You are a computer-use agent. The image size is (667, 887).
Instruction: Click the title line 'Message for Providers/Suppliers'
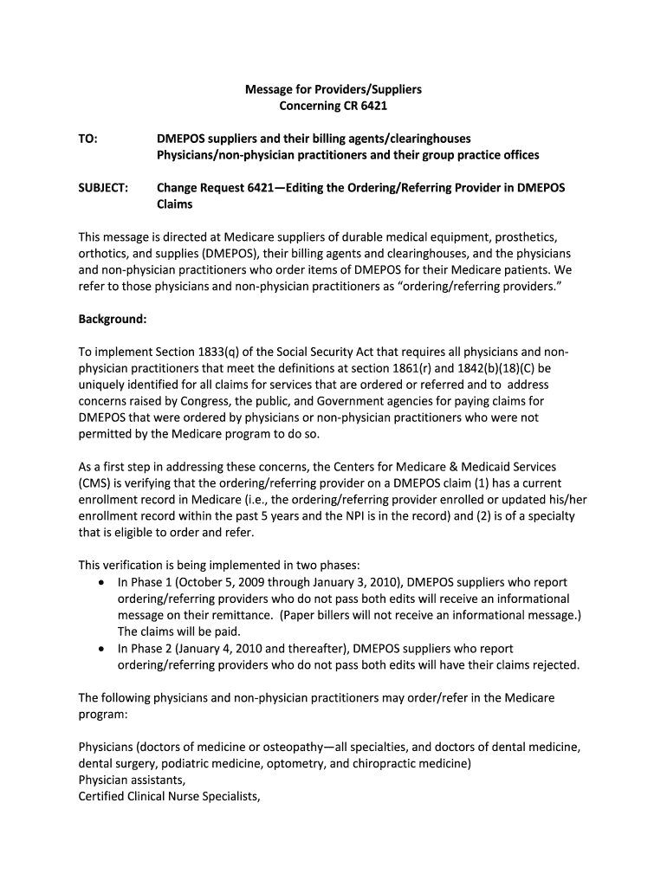pyautogui.click(x=333, y=89)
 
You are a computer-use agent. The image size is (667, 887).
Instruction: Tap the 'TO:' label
pyautogui.click(x=88, y=139)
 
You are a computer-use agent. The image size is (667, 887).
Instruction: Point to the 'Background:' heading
pyautogui.click(x=113, y=319)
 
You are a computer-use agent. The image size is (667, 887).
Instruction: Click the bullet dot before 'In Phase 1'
pyautogui.click(x=103, y=583)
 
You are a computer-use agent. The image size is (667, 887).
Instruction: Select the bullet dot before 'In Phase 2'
pyautogui.click(x=103, y=649)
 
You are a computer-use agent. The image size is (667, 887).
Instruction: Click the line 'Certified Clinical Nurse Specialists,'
pyautogui.click(x=169, y=797)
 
